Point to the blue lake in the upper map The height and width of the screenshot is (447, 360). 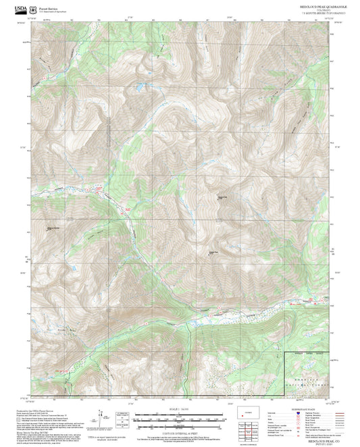coord(138,87)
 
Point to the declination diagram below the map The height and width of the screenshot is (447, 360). coord(103,418)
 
